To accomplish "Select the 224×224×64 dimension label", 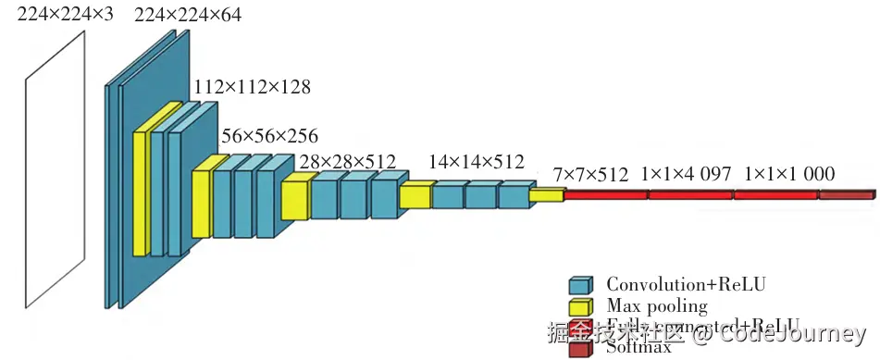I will pyautogui.click(x=189, y=16).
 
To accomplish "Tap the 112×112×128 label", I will pyautogui.click(x=252, y=87).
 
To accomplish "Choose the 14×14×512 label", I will pyautogui.click(x=476, y=163).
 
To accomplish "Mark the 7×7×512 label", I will pyautogui.click(x=590, y=174).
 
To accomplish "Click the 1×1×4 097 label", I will pyautogui.click(x=686, y=174).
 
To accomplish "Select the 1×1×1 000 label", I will pyautogui.click(x=788, y=174).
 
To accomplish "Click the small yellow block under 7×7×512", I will pyautogui.click(x=546, y=194).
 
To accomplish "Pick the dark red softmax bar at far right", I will pyautogui.click(x=847, y=195).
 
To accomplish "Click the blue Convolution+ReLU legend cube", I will pyautogui.click(x=580, y=286).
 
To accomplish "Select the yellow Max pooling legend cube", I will pyautogui.click(x=580, y=307).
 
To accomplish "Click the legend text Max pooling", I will pyautogui.click(x=657, y=305).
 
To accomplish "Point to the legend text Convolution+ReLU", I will pyautogui.click(x=686, y=284).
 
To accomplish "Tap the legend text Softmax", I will pyautogui.click(x=638, y=349).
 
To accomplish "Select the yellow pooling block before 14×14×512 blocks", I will pyautogui.click(x=416, y=196).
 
